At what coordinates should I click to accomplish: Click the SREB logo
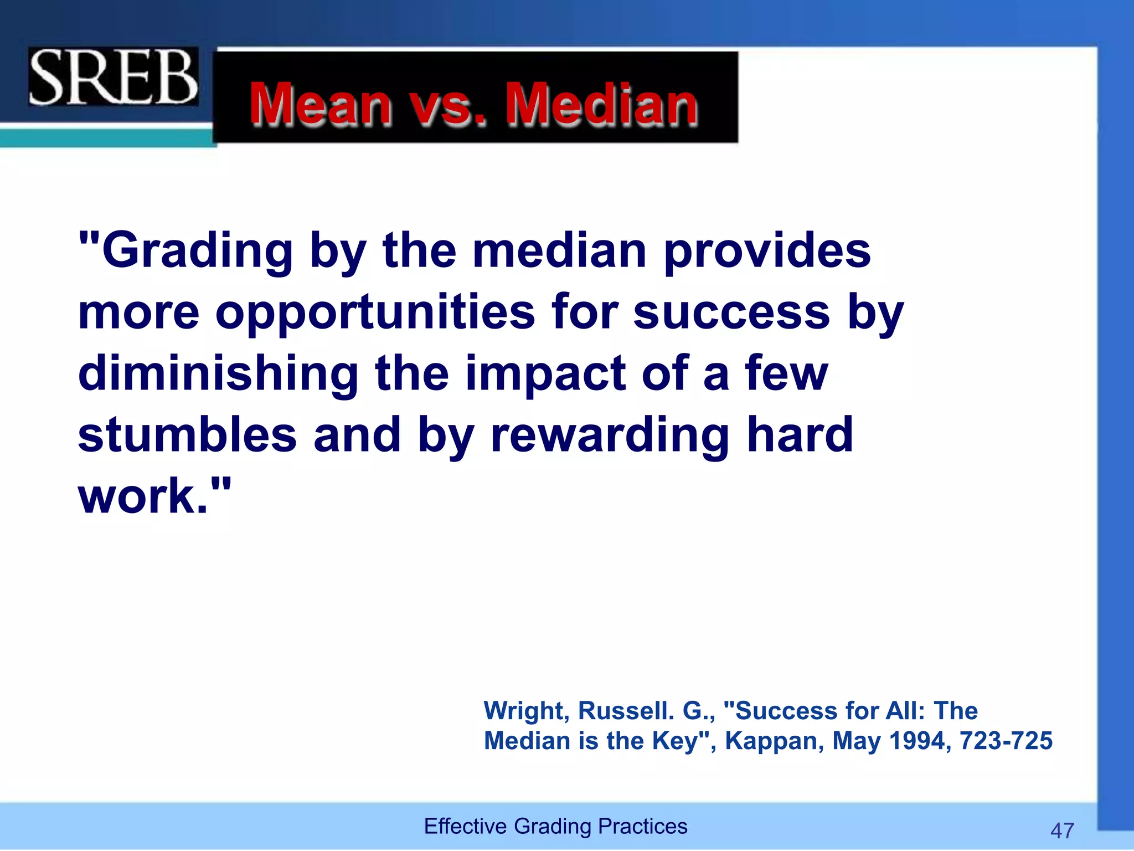[x=113, y=76]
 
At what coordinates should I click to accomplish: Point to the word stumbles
[x=187, y=435]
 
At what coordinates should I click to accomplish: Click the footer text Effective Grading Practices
[x=555, y=826]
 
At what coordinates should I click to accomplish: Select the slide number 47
[x=1062, y=831]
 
